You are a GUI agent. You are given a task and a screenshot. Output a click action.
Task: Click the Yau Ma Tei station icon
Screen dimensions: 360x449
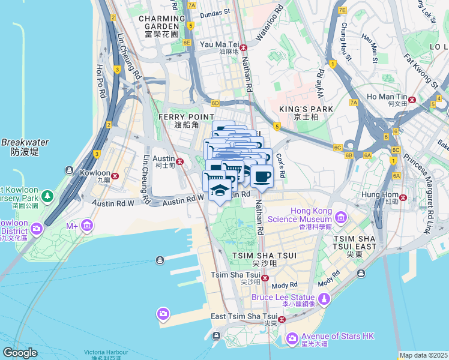pyautogui.click(x=243, y=47)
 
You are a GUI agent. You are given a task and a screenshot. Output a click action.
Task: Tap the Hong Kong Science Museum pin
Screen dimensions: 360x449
pyautogui.click(x=341, y=217)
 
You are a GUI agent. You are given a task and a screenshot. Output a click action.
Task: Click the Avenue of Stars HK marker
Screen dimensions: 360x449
pyautogui.click(x=292, y=340)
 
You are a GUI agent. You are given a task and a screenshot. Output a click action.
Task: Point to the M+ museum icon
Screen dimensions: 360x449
pyautogui.click(x=87, y=226)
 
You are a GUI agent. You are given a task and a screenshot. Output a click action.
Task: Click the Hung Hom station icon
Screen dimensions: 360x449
pyautogui.click(x=405, y=197)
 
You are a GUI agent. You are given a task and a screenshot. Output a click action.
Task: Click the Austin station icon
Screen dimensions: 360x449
pyautogui.click(x=179, y=161)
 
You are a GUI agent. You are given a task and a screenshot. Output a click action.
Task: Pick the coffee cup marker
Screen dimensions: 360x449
pyautogui.click(x=261, y=177)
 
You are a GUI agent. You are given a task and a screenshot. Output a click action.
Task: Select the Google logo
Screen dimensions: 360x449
pyautogui.click(x=20, y=353)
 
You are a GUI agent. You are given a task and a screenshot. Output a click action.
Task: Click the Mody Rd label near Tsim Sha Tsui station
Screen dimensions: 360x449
pyautogui.click(x=285, y=284)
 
